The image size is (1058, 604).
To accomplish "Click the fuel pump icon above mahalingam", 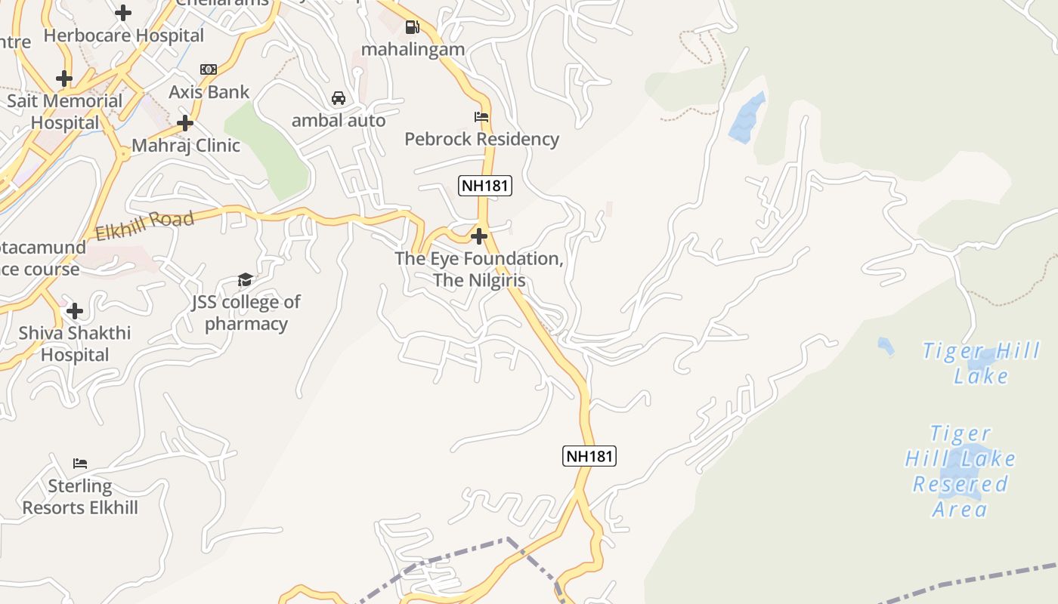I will pyautogui.click(x=412, y=28).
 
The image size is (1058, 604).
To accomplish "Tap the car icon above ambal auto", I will pyautogui.click(x=339, y=98).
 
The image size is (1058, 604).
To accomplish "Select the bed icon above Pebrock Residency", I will pyautogui.click(x=481, y=117).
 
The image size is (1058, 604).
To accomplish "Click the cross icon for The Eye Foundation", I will pyautogui.click(x=478, y=237).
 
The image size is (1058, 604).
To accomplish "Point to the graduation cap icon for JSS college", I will pyautogui.click(x=245, y=280).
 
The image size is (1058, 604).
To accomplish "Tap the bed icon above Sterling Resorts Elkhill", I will pyautogui.click(x=80, y=463).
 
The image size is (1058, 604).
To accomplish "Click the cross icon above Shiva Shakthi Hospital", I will pyautogui.click(x=75, y=311).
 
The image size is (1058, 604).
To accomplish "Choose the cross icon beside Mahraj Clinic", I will pyautogui.click(x=185, y=123).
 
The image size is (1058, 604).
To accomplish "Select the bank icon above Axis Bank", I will pyautogui.click(x=209, y=69).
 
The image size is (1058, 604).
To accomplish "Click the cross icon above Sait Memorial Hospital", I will pyautogui.click(x=64, y=79).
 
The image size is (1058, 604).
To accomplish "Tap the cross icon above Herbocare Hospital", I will pyautogui.click(x=123, y=13).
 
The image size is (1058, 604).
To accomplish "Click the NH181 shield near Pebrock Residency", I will pyautogui.click(x=485, y=186).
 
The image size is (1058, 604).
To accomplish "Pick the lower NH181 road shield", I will pyautogui.click(x=589, y=456).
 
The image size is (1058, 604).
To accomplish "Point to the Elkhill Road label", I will pyautogui.click(x=145, y=225).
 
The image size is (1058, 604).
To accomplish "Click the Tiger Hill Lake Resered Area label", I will pyautogui.click(x=961, y=471).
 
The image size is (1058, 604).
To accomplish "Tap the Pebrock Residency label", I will pyautogui.click(x=482, y=139).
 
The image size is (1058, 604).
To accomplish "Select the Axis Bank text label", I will pyautogui.click(x=209, y=92).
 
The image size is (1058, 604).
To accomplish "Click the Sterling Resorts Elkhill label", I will pyautogui.click(x=80, y=497).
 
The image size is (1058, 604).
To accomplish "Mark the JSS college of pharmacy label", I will pyautogui.click(x=246, y=313).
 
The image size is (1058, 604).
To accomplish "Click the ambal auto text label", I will pyautogui.click(x=339, y=121).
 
